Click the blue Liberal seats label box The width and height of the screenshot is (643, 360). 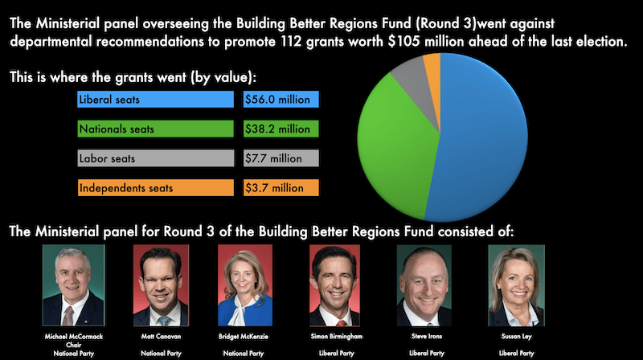[x=155, y=100]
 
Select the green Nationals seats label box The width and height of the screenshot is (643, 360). [x=155, y=129]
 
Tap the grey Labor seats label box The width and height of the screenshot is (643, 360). [x=155, y=158]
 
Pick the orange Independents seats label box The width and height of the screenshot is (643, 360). [x=155, y=188]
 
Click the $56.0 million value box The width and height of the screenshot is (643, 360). [x=281, y=100]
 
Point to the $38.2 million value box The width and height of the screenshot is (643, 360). [x=281, y=129]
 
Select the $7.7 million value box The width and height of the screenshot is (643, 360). [x=281, y=158]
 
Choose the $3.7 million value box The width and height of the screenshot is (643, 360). [x=281, y=188]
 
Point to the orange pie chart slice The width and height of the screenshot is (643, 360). [x=432, y=63]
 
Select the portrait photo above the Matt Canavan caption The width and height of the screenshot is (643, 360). [x=160, y=285]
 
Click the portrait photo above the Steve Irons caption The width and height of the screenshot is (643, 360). [x=424, y=285]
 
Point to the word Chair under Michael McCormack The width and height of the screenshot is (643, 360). [x=75, y=344]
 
